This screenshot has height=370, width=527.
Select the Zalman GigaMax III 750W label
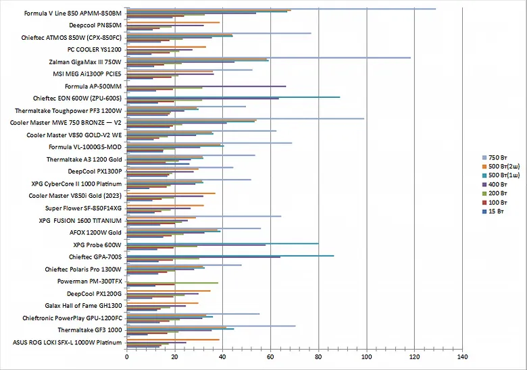coord(84,61)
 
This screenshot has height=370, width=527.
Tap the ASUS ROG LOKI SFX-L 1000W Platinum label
coord(68,342)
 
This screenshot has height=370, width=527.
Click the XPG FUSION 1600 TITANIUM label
coord(80,220)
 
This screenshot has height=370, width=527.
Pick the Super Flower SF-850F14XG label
coord(84,208)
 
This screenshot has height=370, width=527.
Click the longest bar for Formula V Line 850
coord(281,9)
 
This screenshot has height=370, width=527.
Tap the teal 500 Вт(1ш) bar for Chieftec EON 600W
coord(233,97)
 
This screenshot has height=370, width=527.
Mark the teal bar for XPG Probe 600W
coord(222,243)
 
